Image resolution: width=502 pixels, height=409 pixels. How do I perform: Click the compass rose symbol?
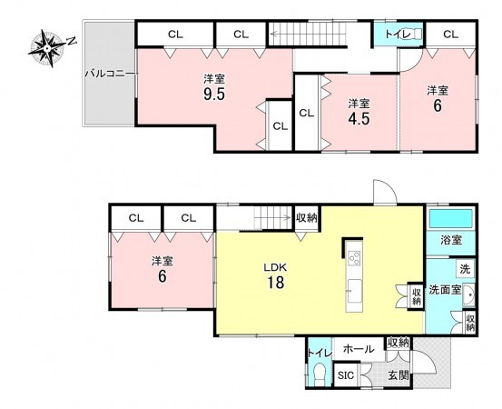coord(47,48)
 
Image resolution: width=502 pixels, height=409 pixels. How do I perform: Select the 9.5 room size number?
coord(214,94)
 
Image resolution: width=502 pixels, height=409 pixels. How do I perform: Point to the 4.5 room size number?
coord(359,119)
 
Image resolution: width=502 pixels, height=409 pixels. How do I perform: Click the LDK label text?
coord(275,267)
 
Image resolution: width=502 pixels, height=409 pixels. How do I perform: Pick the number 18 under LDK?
coord(275,283)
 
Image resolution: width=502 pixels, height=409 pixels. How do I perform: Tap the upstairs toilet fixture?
coord(415,33)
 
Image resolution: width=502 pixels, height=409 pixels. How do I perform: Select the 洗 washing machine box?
coord(465,269)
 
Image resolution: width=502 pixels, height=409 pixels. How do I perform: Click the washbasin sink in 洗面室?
coord(468,294)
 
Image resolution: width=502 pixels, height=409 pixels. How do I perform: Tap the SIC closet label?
coord(346,375)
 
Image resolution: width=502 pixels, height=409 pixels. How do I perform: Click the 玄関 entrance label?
coord(399,375)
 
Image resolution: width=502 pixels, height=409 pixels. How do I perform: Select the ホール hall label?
coord(359,349)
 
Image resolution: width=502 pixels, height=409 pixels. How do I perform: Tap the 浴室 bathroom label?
coord(451,240)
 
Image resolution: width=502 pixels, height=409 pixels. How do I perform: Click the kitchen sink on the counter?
coord(354,291)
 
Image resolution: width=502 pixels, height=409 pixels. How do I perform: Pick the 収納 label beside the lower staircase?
coord(307,218)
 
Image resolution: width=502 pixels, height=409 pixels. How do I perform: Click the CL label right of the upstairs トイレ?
coord(451,34)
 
